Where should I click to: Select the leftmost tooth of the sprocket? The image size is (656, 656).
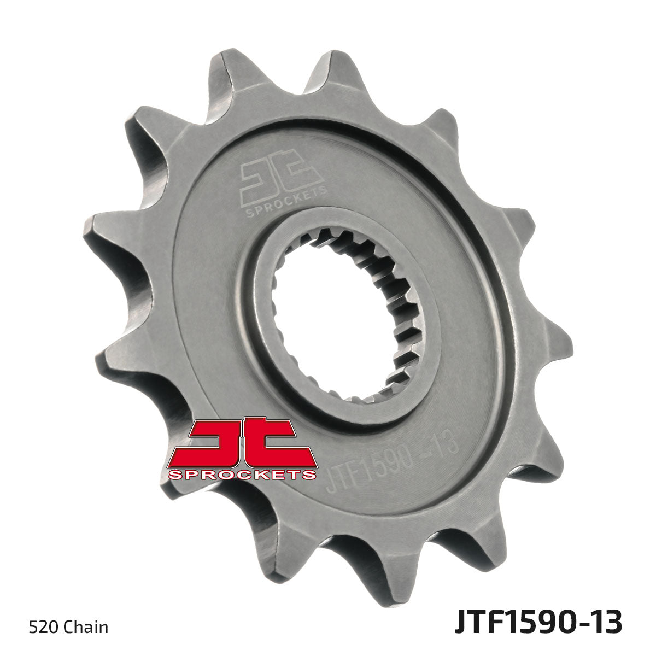(x=101, y=230)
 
